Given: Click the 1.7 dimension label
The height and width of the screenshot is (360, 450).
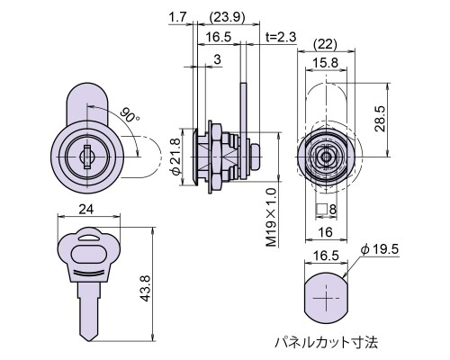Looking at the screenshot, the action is tap(178, 17).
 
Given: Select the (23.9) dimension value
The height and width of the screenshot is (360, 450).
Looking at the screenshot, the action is tap(228, 17).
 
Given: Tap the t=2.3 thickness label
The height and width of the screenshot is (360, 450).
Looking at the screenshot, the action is tap(281, 37).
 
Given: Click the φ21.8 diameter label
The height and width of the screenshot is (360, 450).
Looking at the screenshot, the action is tap(175, 157).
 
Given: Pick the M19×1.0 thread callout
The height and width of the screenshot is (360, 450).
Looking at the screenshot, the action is tap(271, 217).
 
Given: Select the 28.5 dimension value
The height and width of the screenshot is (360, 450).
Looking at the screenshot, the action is tap(380, 119).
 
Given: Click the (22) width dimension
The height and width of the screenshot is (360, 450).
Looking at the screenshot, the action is tap(325, 44).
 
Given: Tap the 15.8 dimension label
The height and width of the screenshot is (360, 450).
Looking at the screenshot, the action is tap(325, 63).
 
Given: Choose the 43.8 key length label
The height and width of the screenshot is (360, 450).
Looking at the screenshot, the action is tap(145, 289).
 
